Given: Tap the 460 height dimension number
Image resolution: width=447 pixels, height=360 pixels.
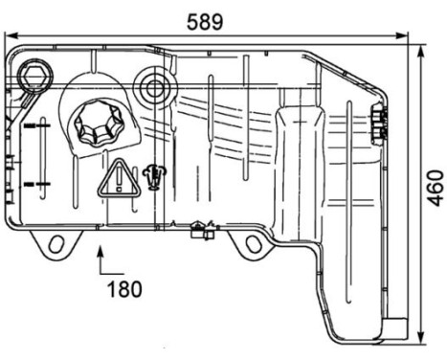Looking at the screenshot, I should pyautogui.click(x=435, y=190).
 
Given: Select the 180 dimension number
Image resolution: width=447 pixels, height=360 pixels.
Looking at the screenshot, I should pyautogui.click(x=124, y=288).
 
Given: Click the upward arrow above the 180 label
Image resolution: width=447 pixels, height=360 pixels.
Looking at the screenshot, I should pyautogui.click(x=101, y=256).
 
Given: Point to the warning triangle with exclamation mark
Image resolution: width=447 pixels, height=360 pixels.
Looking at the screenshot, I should pyautogui.click(x=118, y=178).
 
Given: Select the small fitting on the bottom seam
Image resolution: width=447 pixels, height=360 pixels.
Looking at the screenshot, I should pyautogui.click(x=200, y=229).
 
